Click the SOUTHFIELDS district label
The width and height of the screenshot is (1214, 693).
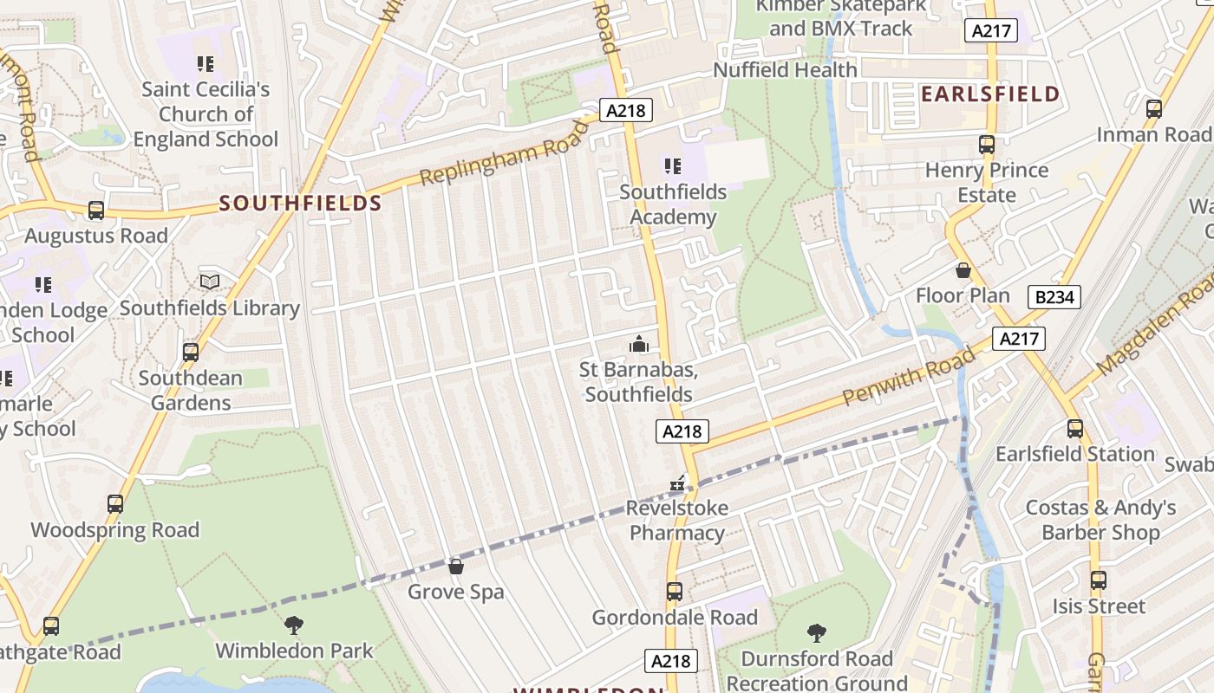pos(300,204)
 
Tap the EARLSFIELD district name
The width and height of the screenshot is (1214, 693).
pos(990,94)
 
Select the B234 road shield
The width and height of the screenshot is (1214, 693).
pos(1054,297)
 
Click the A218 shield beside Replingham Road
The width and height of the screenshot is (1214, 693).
pos(624,111)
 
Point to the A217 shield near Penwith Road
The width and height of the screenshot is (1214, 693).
pos(1018,339)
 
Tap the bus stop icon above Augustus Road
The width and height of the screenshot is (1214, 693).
pos(96,210)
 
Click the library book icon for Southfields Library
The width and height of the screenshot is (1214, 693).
pos(209,282)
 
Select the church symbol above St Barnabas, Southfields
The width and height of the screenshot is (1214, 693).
pos(639,345)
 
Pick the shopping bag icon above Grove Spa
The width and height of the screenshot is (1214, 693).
pos(456,567)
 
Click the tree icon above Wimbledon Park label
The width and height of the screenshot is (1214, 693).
pos(294,625)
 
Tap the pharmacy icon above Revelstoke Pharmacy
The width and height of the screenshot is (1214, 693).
pos(677,483)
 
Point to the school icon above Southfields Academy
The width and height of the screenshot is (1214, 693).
pos(672,165)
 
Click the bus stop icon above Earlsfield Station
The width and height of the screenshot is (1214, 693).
pos(1075,428)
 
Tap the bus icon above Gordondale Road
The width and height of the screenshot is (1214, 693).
pos(675,592)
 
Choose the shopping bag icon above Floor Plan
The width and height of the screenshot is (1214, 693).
pos(963,270)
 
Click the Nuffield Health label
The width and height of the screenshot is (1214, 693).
pos(785,69)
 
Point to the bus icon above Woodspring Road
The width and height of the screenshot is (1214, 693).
pos(114,504)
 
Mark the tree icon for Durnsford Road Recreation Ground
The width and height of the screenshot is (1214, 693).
pos(816,633)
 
